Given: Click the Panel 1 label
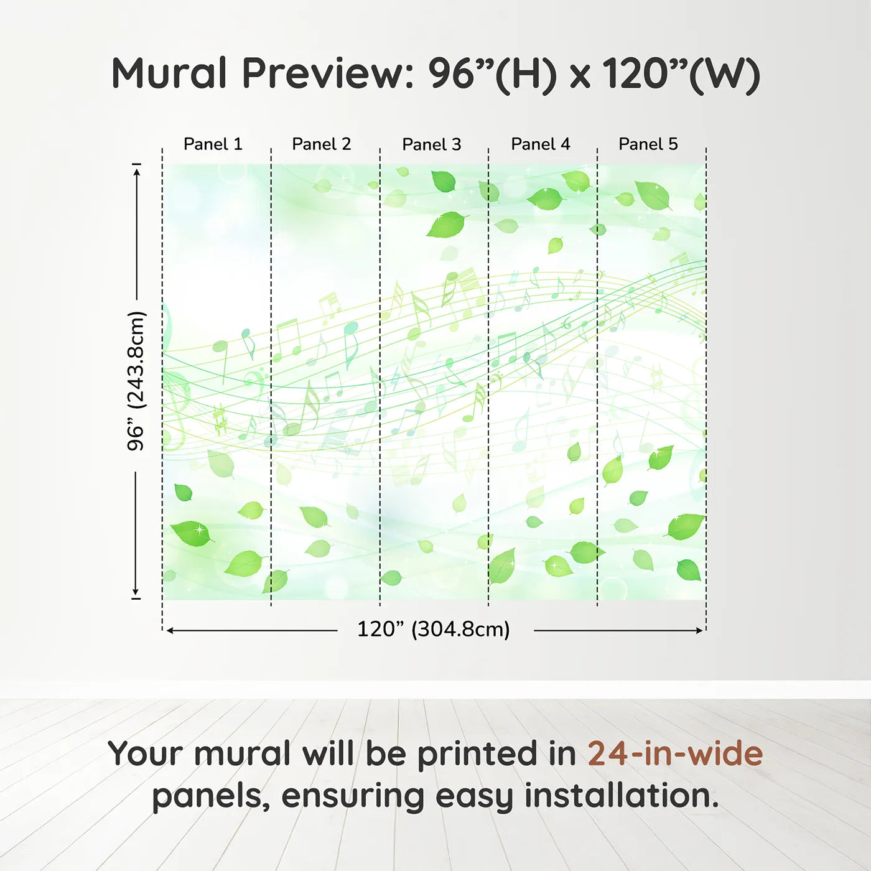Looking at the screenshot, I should (x=213, y=144).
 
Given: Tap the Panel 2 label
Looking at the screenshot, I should (x=322, y=144).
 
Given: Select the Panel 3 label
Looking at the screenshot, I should (x=431, y=144).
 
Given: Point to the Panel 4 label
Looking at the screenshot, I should (x=540, y=144).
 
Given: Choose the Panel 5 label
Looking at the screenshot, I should (x=648, y=144).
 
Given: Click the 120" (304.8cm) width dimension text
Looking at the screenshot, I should (x=434, y=630).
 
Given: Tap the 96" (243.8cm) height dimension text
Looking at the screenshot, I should (x=136, y=381).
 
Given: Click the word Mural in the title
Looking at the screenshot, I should (x=169, y=73).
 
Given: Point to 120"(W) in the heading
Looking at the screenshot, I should (x=681, y=73).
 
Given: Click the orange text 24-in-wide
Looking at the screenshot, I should (x=675, y=753).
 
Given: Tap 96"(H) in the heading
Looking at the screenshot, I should (x=492, y=73).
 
